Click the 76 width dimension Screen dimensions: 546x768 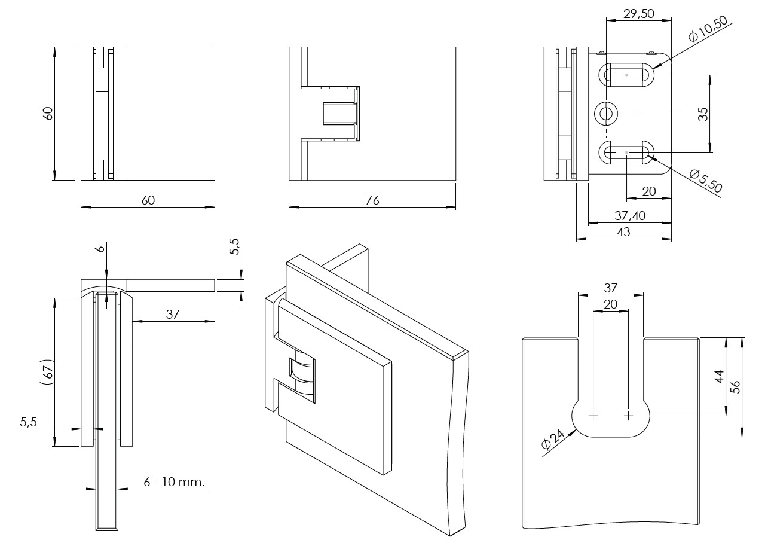click(372, 200)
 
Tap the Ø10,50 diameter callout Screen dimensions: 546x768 click(708, 28)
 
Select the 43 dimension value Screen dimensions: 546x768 click(623, 232)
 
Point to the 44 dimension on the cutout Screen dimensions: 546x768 click(720, 377)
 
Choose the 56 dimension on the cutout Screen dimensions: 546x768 click(736, 387)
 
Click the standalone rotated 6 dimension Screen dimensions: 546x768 click(100, 248)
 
